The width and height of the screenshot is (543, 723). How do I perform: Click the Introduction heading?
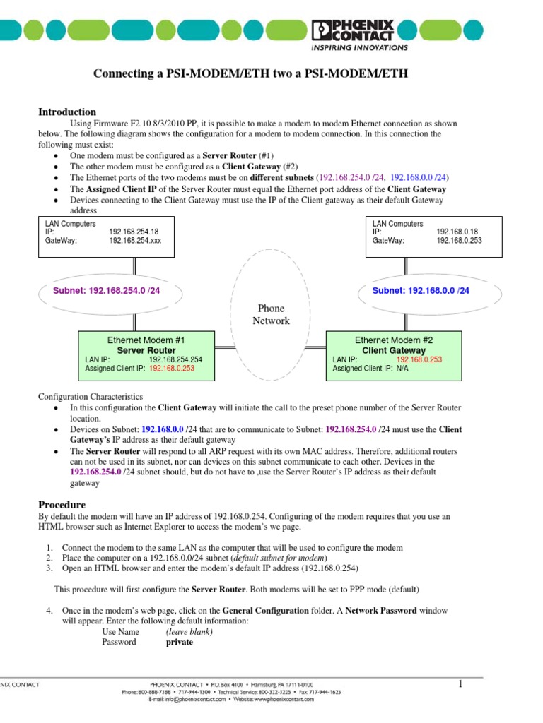66,112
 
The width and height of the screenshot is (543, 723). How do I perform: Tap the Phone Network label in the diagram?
271,315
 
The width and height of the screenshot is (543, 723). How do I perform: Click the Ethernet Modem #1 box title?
146,340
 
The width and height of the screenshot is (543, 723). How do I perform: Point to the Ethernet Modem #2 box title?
393,340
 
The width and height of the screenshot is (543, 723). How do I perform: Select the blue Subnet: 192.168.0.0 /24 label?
421,290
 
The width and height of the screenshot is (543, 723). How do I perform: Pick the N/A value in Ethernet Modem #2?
402,368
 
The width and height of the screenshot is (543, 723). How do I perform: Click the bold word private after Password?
179,643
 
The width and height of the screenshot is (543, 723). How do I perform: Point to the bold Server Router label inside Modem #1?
146,350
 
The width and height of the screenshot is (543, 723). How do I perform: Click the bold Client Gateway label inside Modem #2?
393,350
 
